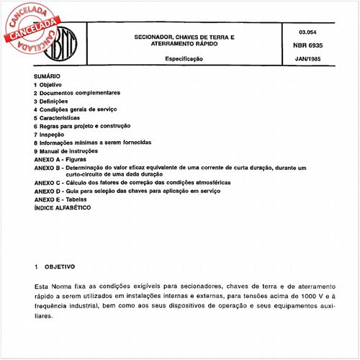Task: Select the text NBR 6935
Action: tap(307, 44)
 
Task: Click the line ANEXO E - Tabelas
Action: tap(64, 199)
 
